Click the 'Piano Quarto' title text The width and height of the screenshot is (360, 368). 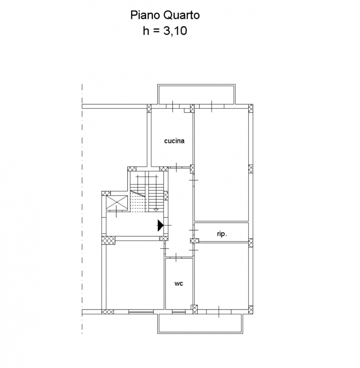(165, 15)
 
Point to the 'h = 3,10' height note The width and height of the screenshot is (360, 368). (165, 31)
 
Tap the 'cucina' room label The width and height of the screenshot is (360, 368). (174, 141)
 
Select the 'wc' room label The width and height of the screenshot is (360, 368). (179, 283)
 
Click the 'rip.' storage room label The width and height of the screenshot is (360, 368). (222, 234)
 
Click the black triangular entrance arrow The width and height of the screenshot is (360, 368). (160, 225)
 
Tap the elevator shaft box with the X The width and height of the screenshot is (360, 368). (117, 203)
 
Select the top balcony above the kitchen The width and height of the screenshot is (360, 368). (196, 94)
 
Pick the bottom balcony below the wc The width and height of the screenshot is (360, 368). (200, 323)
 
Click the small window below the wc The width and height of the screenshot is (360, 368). (179, 312)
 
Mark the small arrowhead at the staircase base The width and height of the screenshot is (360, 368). (156, 210)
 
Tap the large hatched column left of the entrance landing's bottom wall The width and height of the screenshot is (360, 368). (109, 240)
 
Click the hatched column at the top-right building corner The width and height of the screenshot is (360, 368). (251, 109)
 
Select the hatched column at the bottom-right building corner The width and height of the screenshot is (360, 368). (251, 310)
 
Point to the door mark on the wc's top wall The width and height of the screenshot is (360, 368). (176, 257)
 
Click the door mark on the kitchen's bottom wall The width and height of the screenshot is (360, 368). (176, 167)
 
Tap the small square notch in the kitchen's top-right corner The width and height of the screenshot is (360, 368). (187, 110)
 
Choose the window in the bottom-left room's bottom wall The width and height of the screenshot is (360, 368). (141, 312)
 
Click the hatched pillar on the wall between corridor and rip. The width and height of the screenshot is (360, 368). (194, 241)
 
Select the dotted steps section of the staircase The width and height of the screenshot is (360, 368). (138, 201)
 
